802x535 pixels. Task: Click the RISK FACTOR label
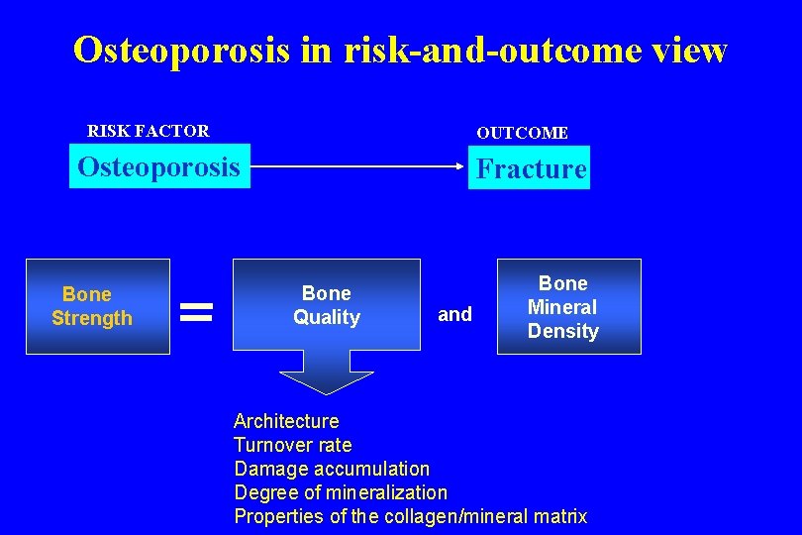(149, 131)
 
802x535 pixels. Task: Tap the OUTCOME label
(522, 133)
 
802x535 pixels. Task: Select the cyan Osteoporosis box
(158, 166)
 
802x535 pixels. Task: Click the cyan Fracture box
(531, 168)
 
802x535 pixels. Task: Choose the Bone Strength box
(97, 306)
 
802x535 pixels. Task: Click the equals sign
(199, 313)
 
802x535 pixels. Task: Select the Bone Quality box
(326, 305)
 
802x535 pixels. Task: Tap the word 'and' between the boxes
(454, 314)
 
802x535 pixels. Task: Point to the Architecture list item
(286, 421)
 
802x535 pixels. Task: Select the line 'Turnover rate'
(292, 445)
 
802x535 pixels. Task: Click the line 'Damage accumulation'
(332, 469)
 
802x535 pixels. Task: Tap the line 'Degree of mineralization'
(341, 492)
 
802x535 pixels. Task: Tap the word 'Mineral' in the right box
(562, 307)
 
